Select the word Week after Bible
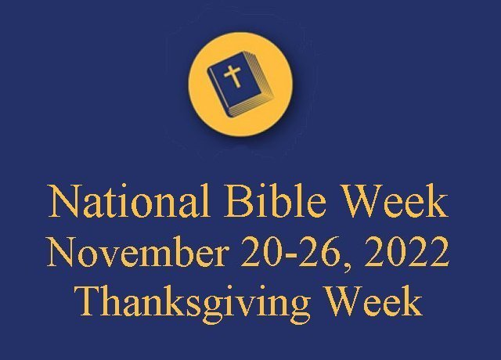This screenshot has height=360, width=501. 395,201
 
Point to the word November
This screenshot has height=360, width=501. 137,250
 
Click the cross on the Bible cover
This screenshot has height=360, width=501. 232,76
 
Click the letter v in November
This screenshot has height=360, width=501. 106,257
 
